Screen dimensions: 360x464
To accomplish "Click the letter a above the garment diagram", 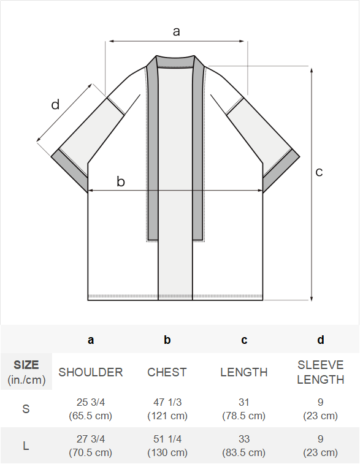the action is tap(177, 31).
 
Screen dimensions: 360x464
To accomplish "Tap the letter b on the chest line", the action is tap(121, 181).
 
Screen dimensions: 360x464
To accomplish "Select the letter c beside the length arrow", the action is tap(319, 172).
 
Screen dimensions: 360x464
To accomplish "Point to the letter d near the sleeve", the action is tap(55, 104).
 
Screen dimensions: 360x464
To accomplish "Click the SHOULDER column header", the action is tap(91, 372).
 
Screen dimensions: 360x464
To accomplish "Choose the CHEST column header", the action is tap(167, 372).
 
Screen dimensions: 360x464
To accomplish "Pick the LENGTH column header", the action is tap(244, 372).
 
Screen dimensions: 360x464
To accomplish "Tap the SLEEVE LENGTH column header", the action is tap(321, 372).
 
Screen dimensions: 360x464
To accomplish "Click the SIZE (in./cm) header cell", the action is tap(26, 372).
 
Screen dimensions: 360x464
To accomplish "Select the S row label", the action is tap(26, 409).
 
